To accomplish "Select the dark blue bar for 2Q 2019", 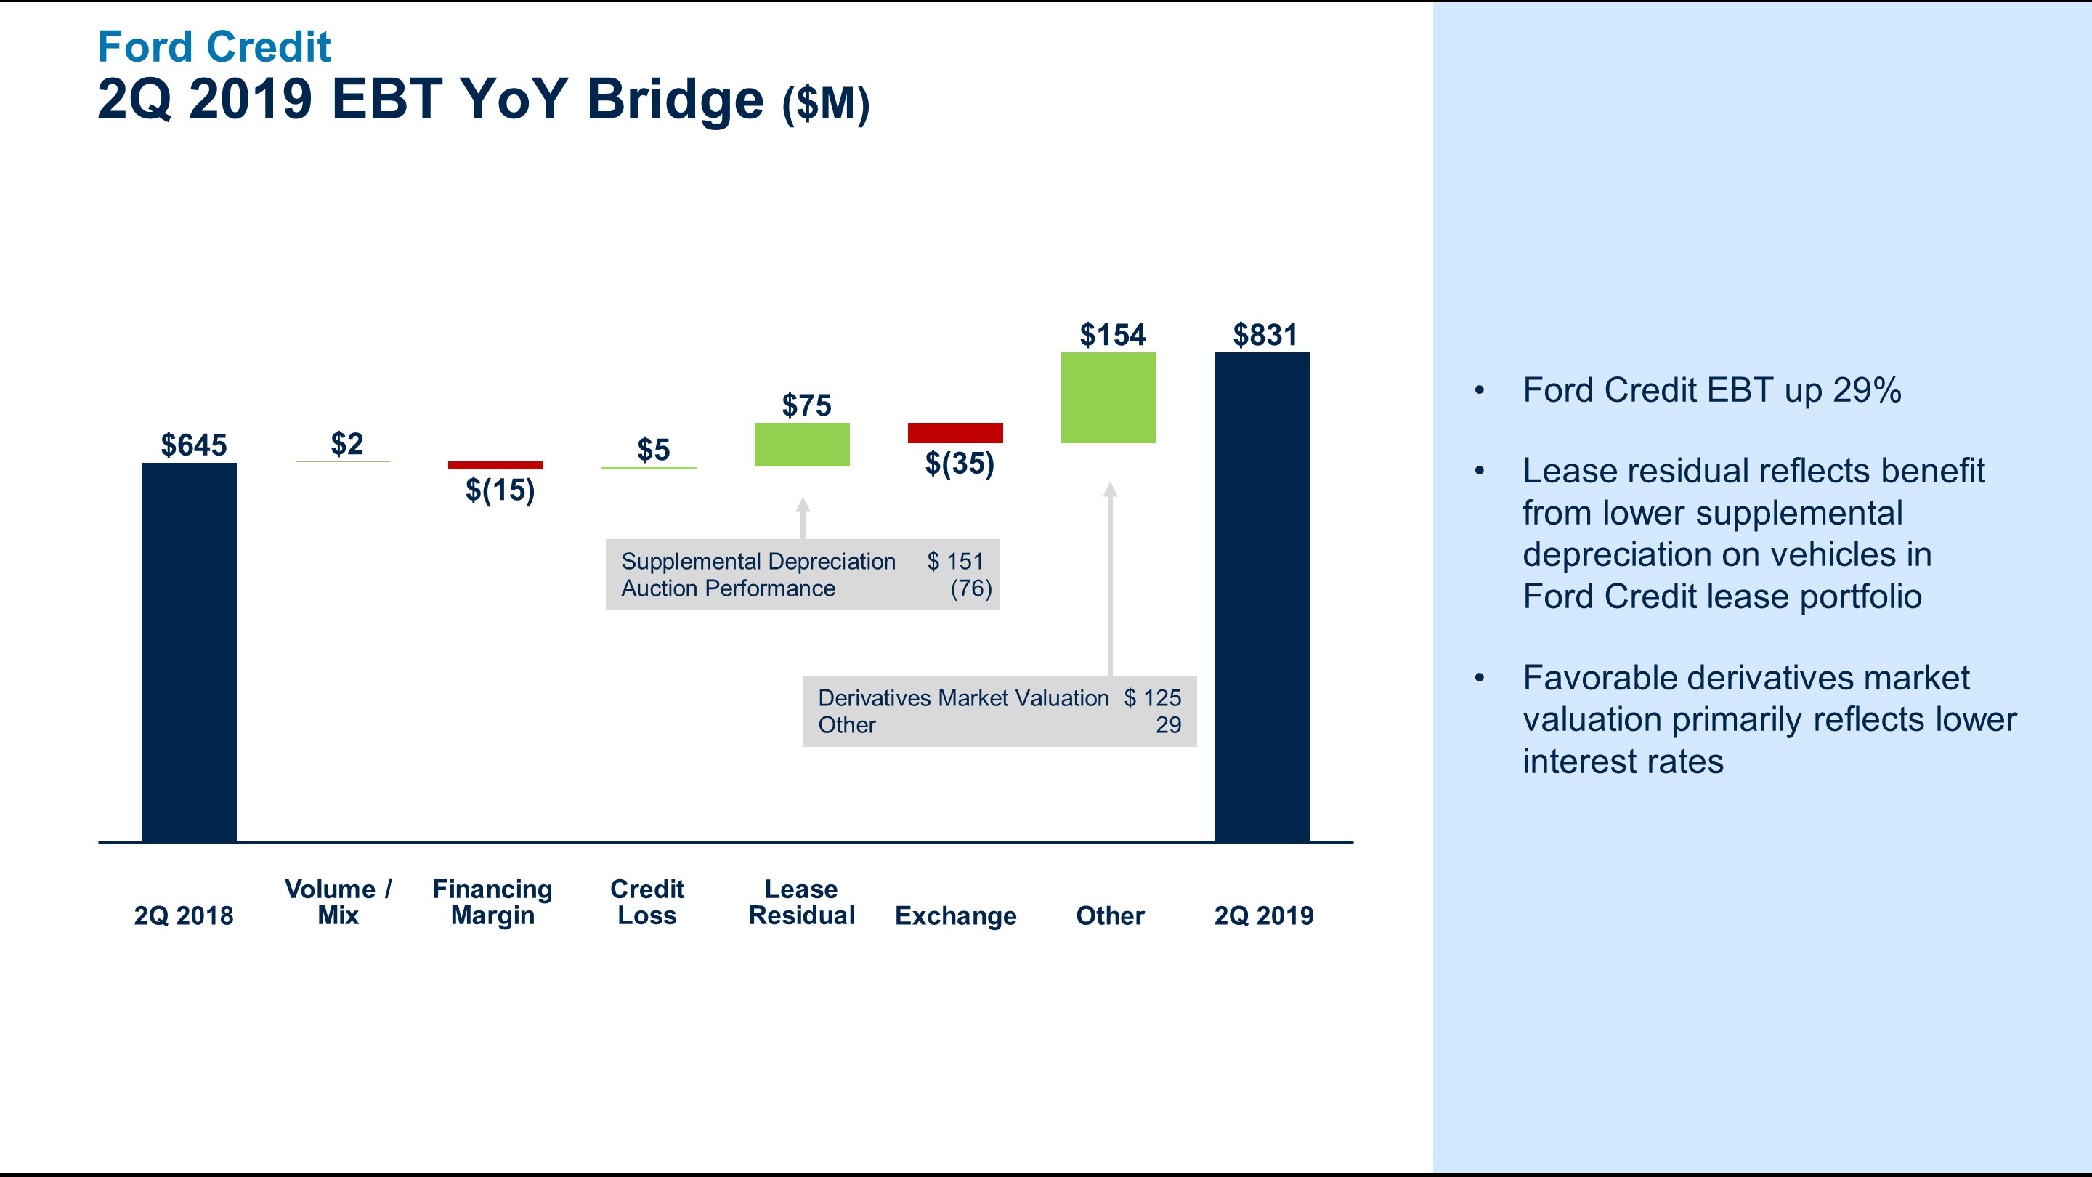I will [1261, 597].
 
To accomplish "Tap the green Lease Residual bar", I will [801, 445].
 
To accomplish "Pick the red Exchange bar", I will [955, 433].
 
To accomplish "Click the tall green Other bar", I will [1108, 397].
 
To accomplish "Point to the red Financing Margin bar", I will [495, 466].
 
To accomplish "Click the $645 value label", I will [193, 445].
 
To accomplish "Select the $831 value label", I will [1265, 335].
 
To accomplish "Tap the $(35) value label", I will [959, 463].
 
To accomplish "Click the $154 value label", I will [1112, 335].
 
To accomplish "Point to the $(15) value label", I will [500, 490].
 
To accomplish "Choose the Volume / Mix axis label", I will [338, 902].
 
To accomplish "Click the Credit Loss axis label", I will [646, 902].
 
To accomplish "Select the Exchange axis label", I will [955, 915].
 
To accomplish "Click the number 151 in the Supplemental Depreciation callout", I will [965, 562].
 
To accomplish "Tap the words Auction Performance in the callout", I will [728, 588].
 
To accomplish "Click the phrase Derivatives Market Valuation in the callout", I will [962, 697].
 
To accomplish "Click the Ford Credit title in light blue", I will [214, 46].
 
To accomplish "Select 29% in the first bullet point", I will [1866, 390].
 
